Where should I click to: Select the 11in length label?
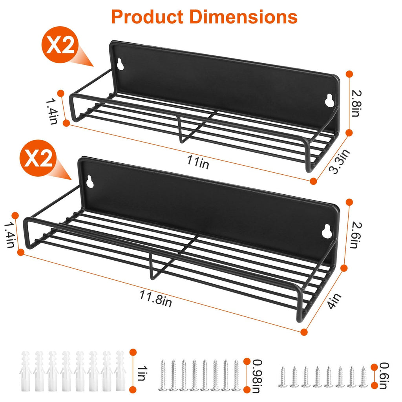click(x=199, y=162)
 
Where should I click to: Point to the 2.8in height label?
click(x=356, y=103)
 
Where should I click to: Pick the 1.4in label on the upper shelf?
click(x=52, y=111)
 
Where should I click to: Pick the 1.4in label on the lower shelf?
click(x=9, y=234)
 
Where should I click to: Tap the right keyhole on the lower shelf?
click(x=325, y=232)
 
